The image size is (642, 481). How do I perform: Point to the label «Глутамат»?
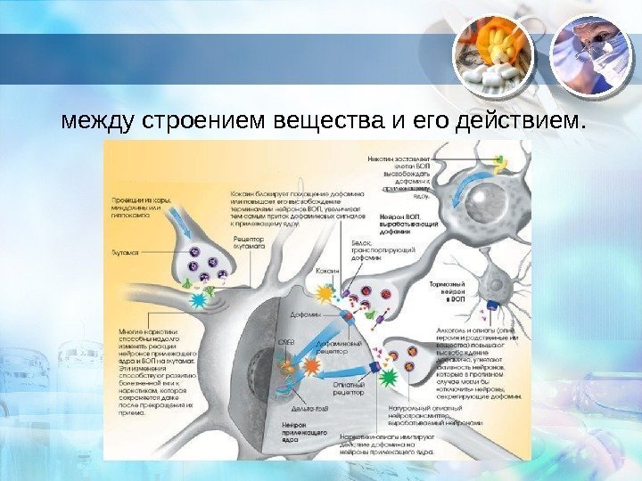tap(126, 253)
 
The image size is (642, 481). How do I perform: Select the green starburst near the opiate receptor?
tap(387, 379)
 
